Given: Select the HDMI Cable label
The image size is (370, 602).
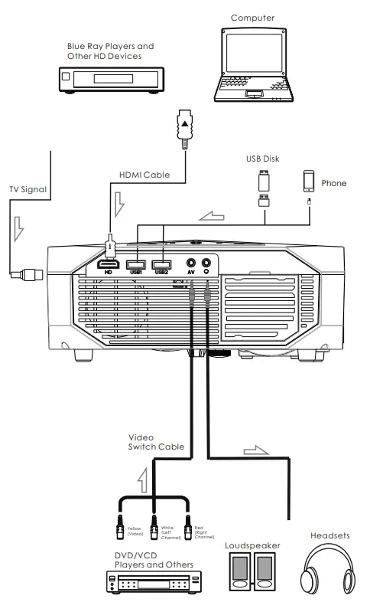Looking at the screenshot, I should point(144,175).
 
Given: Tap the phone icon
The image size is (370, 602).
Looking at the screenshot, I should point(309,180).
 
